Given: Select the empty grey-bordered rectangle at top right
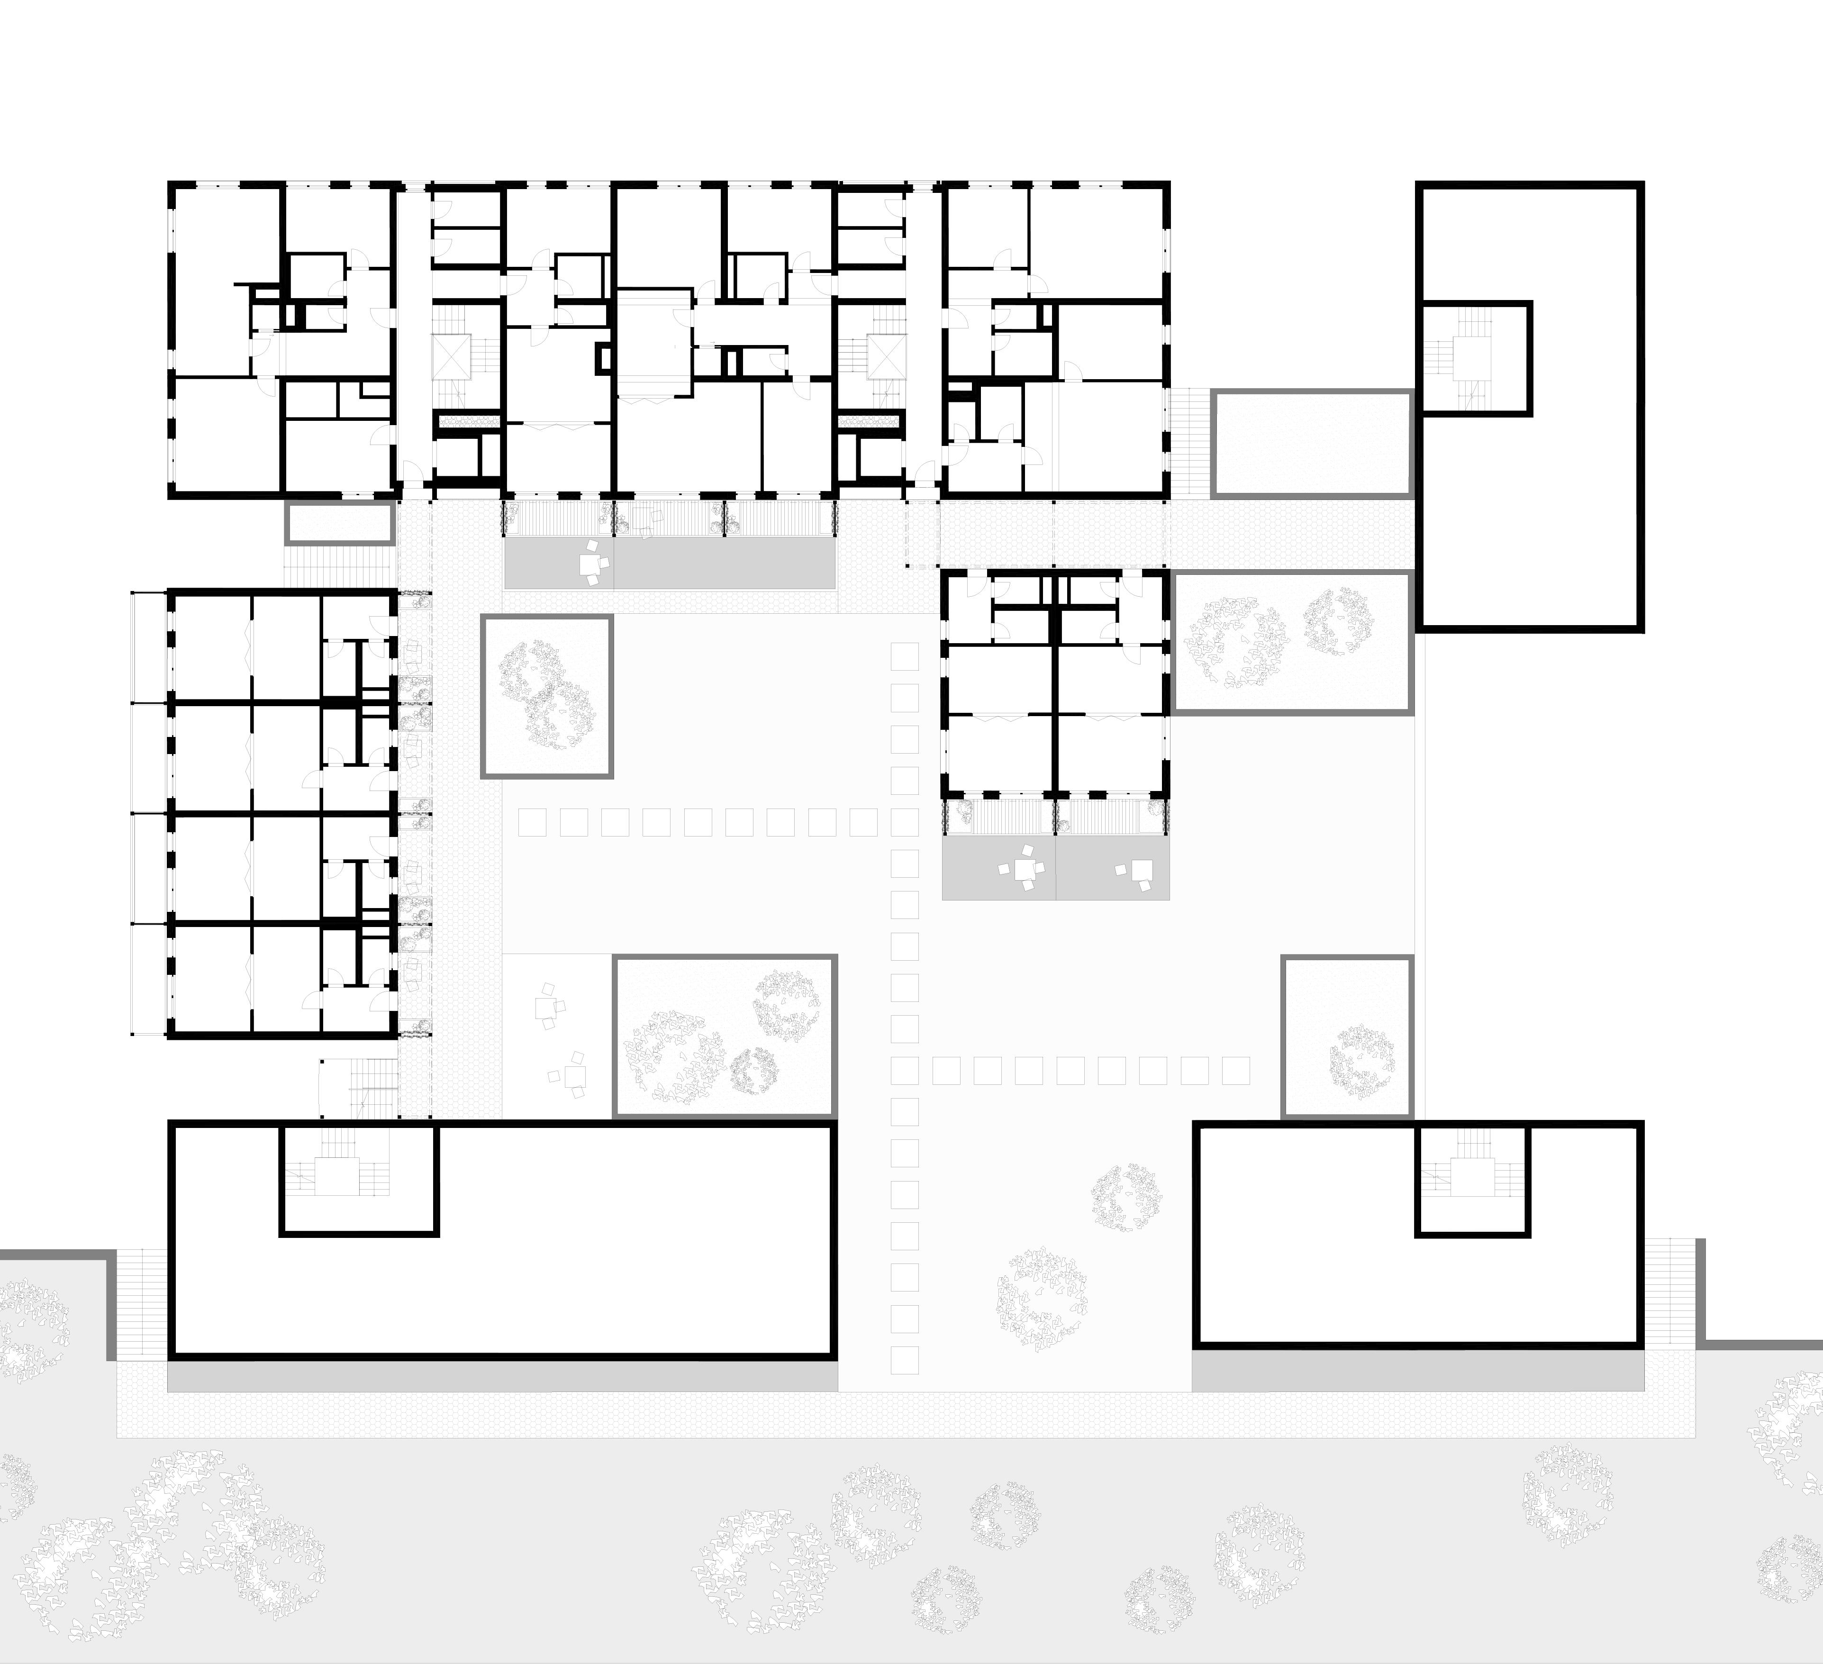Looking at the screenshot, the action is pyautogui.click(x=1311, y=443).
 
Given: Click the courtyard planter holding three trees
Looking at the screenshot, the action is pyautogui.click(x=725, y=1036).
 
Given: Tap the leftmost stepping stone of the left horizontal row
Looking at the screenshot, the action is pyautogui.click(x=533, y=822).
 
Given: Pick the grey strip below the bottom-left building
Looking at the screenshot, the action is pyautogui.click(x=502, y=1378).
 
